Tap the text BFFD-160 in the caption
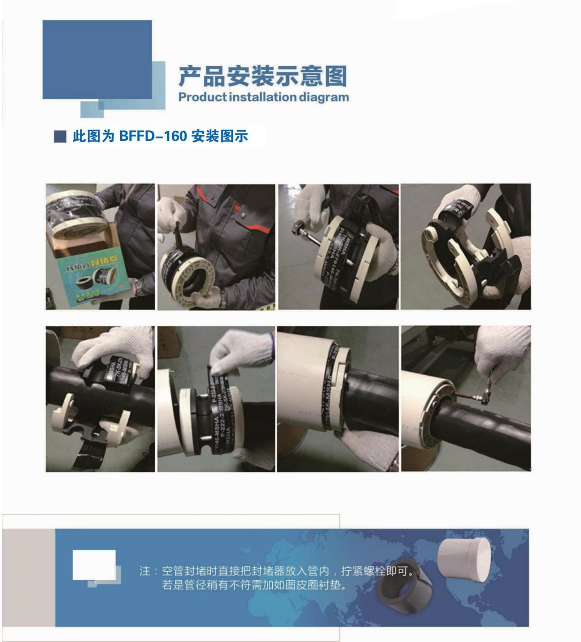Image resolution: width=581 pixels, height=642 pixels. tap(153, 136)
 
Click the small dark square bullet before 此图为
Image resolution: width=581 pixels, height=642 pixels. tap(60, 137)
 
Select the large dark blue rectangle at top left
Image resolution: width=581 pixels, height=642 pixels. tap(97, 59)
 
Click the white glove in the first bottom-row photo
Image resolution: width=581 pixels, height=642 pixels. tap(113, 344)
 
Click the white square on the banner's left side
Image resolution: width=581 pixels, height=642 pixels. tap(94, 565)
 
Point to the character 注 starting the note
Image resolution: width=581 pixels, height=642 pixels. tap(145, 571)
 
